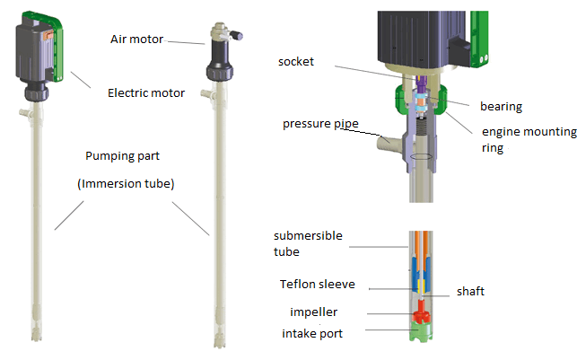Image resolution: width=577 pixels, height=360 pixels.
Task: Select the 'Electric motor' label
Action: (x=146, y=92)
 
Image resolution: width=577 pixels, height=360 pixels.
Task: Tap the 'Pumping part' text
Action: (x=124, y=154)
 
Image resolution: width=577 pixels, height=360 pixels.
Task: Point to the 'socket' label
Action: (x=297, y=61)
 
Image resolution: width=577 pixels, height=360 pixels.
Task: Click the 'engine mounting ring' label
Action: (x=529, y=140)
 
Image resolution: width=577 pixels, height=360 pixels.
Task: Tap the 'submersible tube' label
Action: (x=304, y=243)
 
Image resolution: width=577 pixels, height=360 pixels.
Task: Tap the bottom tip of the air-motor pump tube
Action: (x=219, y=346)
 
